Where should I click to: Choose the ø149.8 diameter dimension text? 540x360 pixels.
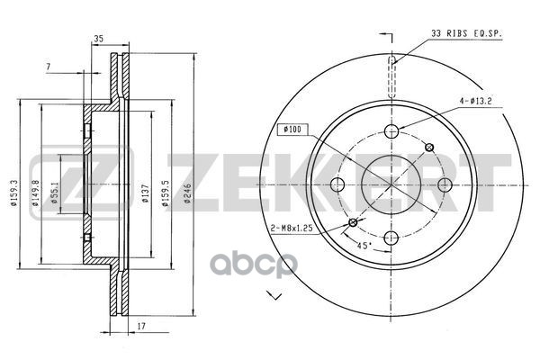pos(33,193)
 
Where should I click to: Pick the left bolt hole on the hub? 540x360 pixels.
pos(338,185)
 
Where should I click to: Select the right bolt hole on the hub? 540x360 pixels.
pos(445,185)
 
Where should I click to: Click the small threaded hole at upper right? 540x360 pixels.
pos(429,148)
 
